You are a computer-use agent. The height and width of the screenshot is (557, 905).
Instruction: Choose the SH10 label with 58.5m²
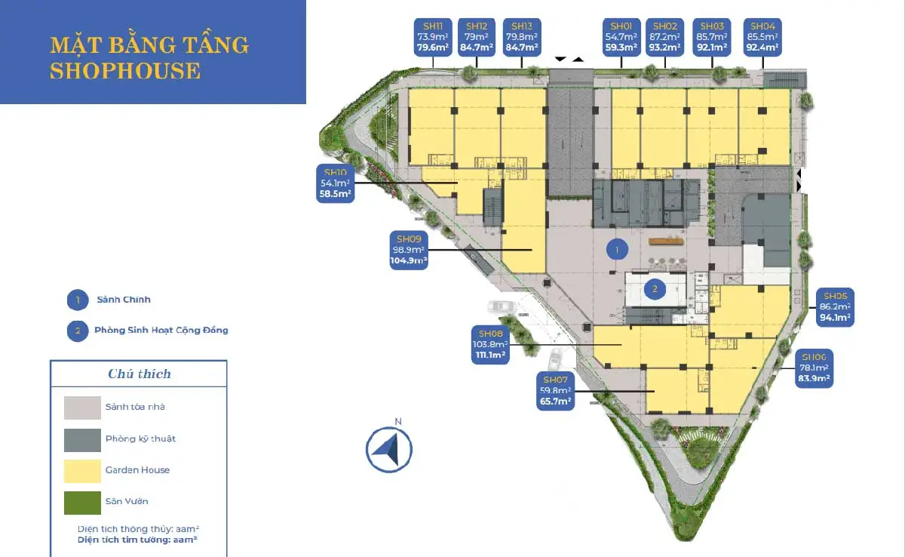tap(336, 183)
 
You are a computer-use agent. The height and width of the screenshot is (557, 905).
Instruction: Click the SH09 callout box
tap(408, 250)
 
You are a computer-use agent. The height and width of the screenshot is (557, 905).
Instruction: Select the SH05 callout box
tap(835, 307)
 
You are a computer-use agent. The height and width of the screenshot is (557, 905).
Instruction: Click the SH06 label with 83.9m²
tap(814, 368)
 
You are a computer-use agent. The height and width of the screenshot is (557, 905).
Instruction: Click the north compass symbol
tap(389, 449)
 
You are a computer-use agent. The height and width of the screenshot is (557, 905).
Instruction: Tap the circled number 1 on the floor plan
tap(617, 248)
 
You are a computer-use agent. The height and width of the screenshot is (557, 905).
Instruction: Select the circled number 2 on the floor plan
tap(655, 288)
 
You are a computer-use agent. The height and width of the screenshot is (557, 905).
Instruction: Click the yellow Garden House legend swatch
tap(82, 470)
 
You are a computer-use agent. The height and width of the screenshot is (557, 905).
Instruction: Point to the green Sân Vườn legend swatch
tap(82, 502)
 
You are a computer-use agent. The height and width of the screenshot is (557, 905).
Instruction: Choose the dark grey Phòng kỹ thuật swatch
tap(82, 439)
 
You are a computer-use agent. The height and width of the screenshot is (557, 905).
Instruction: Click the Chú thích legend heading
tap(139, 374)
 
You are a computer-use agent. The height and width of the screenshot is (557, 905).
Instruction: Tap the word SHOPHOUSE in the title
tap(125, 71)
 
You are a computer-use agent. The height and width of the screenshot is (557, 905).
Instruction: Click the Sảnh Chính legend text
tap(124, 300)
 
